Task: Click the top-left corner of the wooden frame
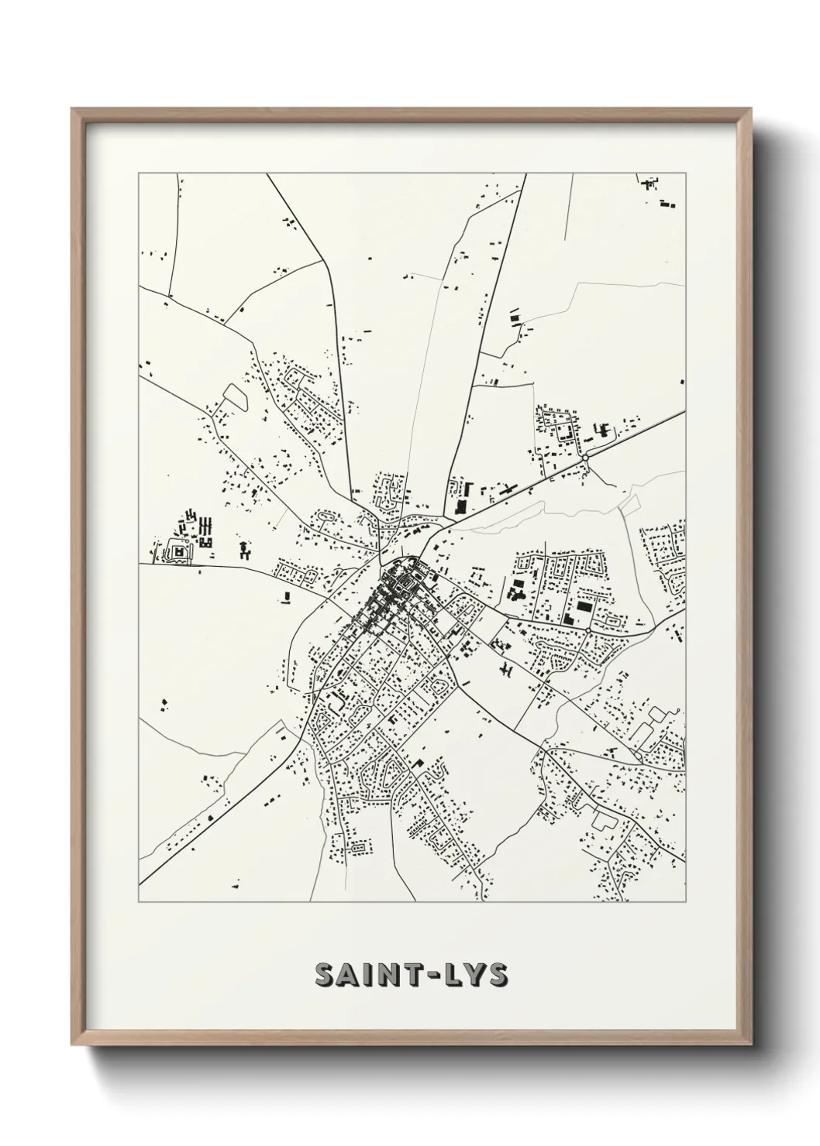[x=73, y=110]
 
